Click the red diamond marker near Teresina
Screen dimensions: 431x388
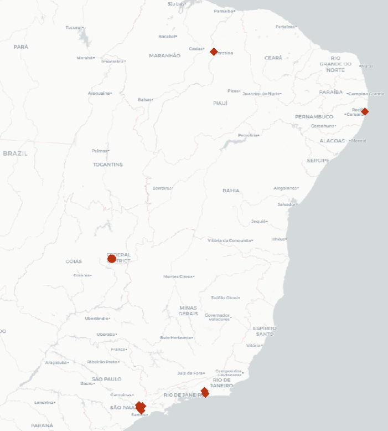click(x=214, y=52)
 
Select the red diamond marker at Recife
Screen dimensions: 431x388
click(x=365, y=111)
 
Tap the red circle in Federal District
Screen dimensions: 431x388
click(x=112, y=258)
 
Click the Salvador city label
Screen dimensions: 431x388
click(x=286, y=204)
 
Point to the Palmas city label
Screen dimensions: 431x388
click(x=100, y=151)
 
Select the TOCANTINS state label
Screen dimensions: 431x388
click(x=108, y=165)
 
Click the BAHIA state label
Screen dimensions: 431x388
click(x=231, y=191)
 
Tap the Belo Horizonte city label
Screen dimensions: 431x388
click(x=175, y=337)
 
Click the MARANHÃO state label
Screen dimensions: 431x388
click(x=164, y=55)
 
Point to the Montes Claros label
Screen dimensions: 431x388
click(x=178, y=276)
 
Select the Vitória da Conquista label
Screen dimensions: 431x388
click(x=229, y=240)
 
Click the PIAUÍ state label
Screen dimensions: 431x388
click(x=220, y=103)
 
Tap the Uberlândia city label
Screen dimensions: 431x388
click(x=96, y=319)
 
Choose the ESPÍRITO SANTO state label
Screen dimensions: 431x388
click(x=264, y=331)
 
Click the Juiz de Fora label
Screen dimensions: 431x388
click(x=190, y=373)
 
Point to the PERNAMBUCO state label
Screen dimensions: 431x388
click(x=314, y=117)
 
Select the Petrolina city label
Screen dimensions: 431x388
click(x=247, y=135)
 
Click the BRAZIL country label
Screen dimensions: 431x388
click(x=15, y=153)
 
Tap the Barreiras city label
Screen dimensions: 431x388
click(x=162, y=188)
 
